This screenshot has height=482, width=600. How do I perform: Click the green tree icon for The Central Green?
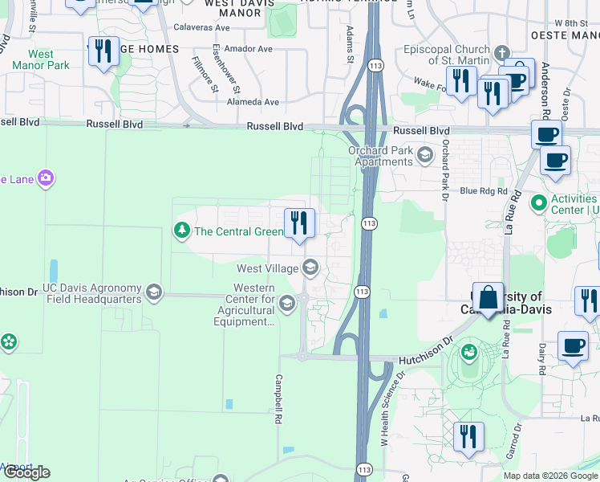(182, 231)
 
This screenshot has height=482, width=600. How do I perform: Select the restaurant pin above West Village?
(300, 224)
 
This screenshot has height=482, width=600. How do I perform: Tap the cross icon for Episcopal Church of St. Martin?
(502, 54)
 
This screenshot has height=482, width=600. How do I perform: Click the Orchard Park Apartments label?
(379, 156)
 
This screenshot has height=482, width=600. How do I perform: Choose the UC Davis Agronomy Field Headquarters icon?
(153, 292)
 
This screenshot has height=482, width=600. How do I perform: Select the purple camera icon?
(47, 178)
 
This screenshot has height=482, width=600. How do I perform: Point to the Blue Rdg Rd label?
(484, 191)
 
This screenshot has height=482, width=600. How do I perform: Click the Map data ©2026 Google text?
(549, 476)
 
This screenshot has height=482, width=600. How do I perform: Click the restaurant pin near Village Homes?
(103, 52)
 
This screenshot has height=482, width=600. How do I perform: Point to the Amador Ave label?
(249, 49)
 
